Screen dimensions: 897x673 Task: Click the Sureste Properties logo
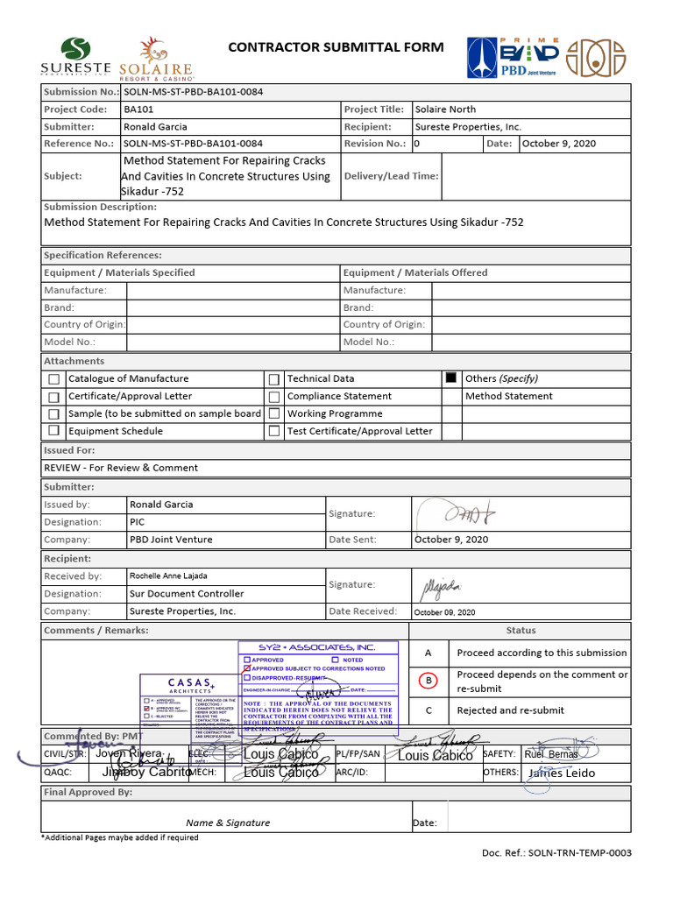[x=75, y=57]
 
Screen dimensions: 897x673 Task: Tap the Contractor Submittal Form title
[x=336, y=47]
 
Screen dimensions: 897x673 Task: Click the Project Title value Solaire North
[x=445, y=109]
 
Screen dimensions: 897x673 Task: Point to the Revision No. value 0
[x=417, y=144]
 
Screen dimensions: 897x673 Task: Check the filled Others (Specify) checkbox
[x=451, y=378]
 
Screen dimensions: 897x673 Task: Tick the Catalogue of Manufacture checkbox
[x=54, y=379]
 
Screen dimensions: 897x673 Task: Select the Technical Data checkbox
[x=274, y=379]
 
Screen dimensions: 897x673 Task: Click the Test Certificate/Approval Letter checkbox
[x=274, y=431]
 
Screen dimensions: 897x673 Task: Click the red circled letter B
[x=429, y=681]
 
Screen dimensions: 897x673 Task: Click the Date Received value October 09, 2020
[x=444, y=612]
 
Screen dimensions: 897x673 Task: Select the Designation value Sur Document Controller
[x=187, y=594]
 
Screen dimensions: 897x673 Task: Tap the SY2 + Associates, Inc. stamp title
[x=316, y=647]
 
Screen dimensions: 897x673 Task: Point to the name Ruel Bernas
[x=551, y=754]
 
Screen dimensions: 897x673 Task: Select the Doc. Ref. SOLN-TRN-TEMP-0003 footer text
[x=556, y=853]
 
